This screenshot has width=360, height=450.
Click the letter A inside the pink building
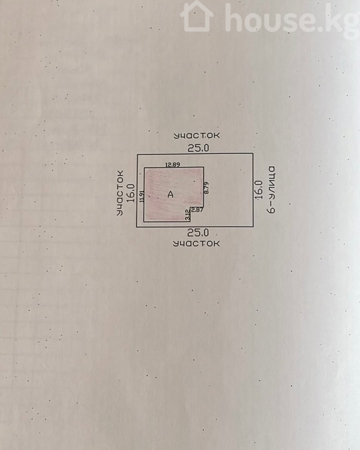tap(170, 194)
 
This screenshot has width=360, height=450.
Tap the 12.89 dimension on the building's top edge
tap(172, 164)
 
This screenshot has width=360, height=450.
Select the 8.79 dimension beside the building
tap(206, 187)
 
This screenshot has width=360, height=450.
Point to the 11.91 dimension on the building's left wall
tap(142, 196)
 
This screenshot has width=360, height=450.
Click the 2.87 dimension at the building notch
tap(197, 210)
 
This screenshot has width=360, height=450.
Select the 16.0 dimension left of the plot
tap(131, 193)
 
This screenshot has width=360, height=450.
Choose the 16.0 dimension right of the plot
tap(258, 190)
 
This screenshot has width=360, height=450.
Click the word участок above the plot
tap(196, 135)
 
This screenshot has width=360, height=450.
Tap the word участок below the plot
tap(196, 243)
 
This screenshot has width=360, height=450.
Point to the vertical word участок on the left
tap(120, 193)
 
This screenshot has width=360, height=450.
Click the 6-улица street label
tap(271, 190)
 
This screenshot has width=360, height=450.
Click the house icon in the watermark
tap(196, 16)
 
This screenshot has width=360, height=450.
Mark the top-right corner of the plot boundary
tap(253, 153)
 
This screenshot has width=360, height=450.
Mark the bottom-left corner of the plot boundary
tap(137, 227)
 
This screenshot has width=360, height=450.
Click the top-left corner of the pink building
tap(144, 167)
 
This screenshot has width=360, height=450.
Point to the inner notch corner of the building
tap(190, 207)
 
